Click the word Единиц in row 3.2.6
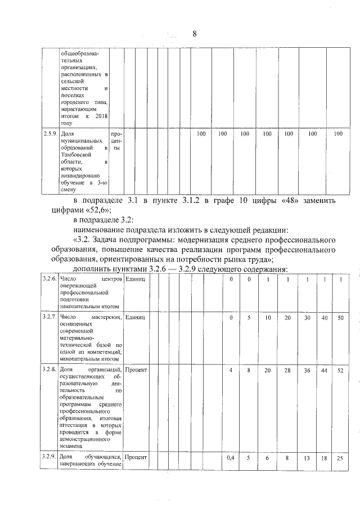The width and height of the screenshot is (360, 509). click(136, 280)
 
